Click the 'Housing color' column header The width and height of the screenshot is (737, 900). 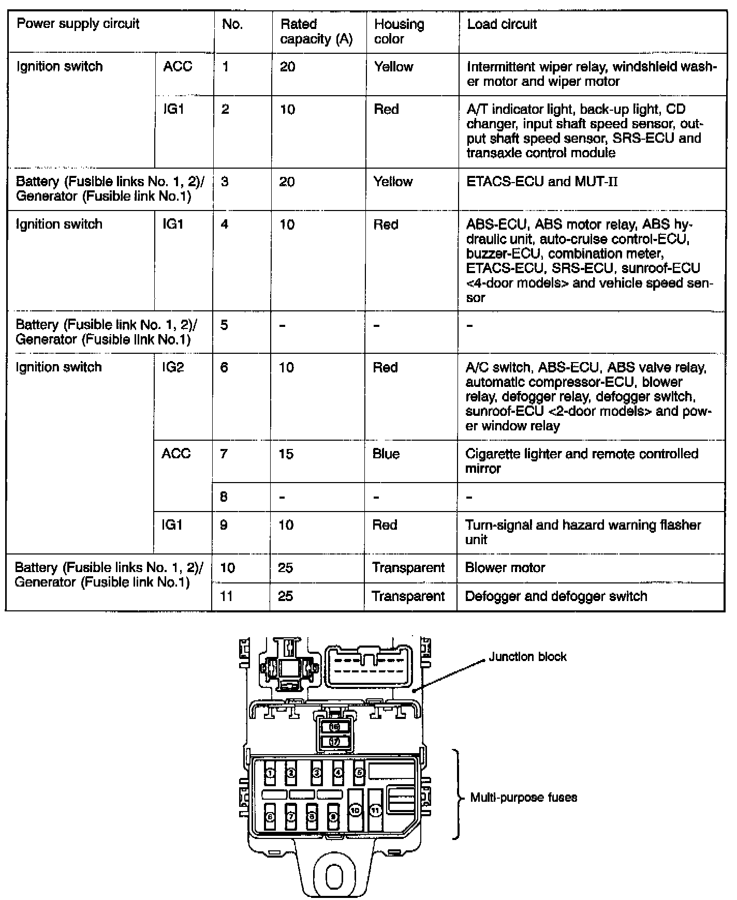click(399, 32)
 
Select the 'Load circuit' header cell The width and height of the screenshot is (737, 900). click(502, 24)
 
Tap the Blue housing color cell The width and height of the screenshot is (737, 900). click(386, 454)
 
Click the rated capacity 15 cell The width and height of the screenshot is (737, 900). click(286, 454)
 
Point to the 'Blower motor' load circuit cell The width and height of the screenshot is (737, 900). click(505, 567)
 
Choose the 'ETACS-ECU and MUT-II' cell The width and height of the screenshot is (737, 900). click(542, 182)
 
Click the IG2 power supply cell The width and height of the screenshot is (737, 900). click(173, 367)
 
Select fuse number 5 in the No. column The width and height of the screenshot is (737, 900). click(224, 325)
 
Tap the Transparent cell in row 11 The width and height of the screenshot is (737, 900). click(408, 596)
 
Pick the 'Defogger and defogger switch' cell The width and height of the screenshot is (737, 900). click(556, 596)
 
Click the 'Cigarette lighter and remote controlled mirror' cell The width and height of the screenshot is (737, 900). click(581, 461)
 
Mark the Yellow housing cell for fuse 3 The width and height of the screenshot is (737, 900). click(393, 182)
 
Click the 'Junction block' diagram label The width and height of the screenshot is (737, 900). click(527, 656)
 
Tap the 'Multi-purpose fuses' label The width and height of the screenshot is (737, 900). click(523, 797)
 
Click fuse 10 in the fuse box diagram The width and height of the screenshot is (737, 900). click(355, 810)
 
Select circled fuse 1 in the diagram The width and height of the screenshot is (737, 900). click(270, 773)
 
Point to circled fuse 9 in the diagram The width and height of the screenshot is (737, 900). click(334, 817)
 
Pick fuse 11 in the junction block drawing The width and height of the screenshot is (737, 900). click(376, 810)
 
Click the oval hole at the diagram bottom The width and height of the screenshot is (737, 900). click(335, 876)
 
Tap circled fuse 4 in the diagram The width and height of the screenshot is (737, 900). click(338, 773)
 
